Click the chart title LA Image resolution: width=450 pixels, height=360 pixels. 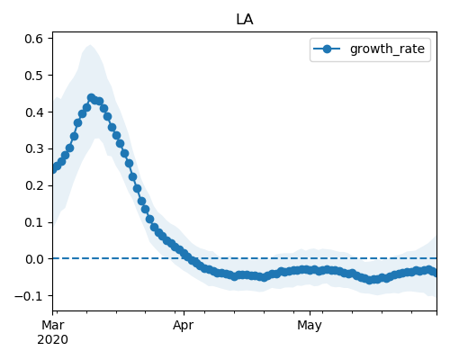(245, 20)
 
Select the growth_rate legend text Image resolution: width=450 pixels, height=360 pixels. (387, 49)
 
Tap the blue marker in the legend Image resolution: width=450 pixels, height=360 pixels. (327, 49)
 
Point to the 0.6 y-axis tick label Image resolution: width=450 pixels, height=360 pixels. (33, 39)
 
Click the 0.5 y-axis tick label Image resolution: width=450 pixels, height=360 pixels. (33, 76)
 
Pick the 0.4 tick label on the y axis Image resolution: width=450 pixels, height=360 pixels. (33, 112)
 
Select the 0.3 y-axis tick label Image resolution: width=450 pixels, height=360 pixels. (33, 149)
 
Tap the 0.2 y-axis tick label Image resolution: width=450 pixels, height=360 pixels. (33, 186)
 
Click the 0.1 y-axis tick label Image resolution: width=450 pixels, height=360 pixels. (33, 223)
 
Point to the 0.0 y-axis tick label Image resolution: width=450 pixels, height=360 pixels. (33, 259)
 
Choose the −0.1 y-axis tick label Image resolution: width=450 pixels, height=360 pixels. (29, 296)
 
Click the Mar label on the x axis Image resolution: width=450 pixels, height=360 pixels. (53, 326)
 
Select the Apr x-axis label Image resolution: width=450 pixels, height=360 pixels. (184, 326)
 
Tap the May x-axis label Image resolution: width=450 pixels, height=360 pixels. (310, 326)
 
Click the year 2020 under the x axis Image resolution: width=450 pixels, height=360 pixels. (53, 340)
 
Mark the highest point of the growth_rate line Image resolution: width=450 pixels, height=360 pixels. (92, 98)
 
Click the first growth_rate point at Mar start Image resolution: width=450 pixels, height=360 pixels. (53, 169)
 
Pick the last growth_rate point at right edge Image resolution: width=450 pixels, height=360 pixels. (435, 273)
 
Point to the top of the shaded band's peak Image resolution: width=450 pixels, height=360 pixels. (90, 45)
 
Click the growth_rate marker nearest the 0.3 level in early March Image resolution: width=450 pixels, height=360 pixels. (69, 148)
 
